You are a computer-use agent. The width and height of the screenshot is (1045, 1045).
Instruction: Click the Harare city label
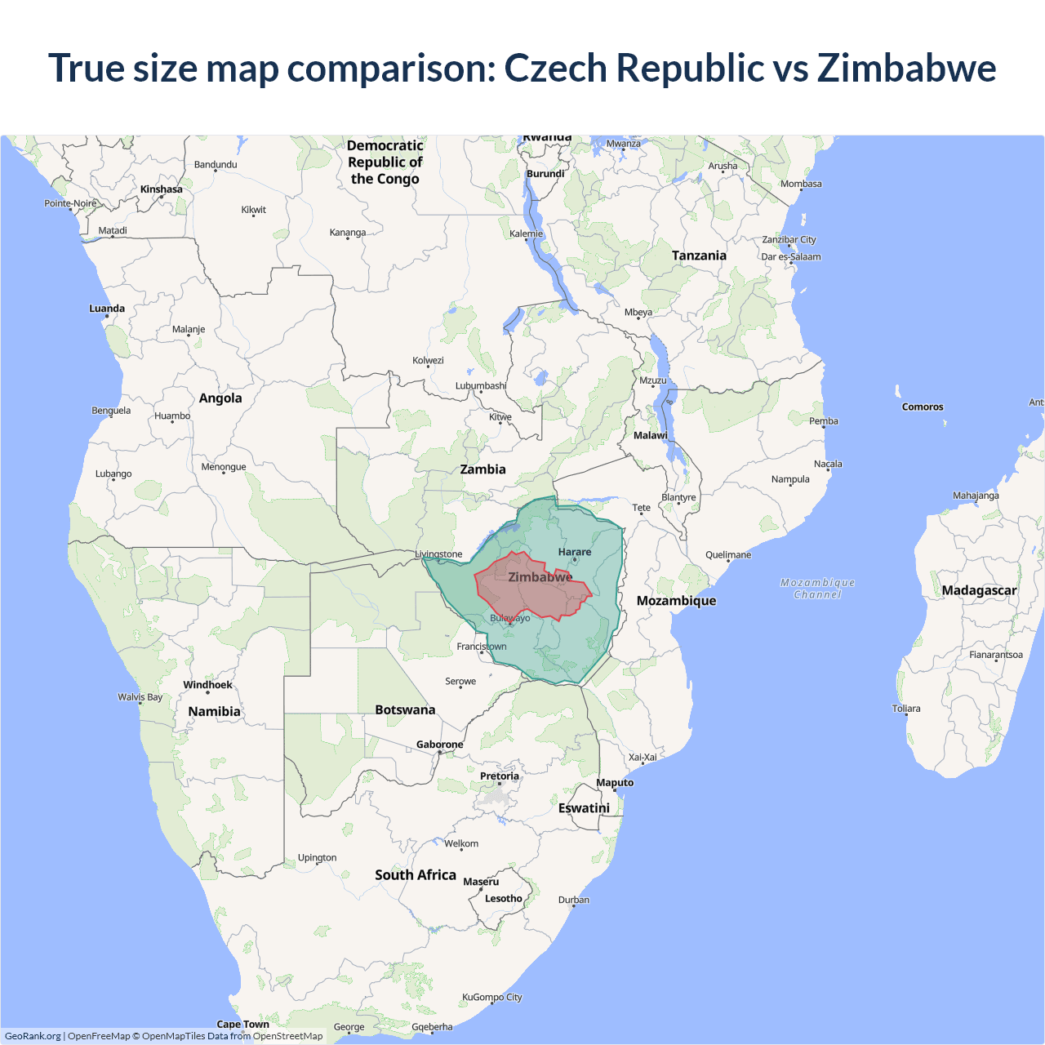click(x=575, y=552)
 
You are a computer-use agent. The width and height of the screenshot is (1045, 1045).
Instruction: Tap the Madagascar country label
click(x=979, y=590)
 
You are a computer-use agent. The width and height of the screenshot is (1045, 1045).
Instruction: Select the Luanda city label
click(x=107, y=309)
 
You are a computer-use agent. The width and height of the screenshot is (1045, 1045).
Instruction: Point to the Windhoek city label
click(x=207, y=685)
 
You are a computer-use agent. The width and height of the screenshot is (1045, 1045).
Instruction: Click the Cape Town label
click(x=242, y=1024)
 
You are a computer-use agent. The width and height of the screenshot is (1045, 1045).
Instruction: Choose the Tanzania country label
click(x=699, y=256)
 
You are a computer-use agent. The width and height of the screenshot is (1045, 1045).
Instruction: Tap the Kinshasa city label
click(x=162, y=189)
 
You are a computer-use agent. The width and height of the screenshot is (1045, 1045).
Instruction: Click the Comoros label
click(x=923, y=407)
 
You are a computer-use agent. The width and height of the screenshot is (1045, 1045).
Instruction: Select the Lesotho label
click(x=503, y=899)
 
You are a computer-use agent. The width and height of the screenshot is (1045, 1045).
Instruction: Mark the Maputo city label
click(x=615, y=783)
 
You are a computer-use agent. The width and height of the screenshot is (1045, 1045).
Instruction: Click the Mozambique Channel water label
click(x=817, y=588)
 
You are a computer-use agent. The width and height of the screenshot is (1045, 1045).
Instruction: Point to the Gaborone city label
click(x=439, y=745)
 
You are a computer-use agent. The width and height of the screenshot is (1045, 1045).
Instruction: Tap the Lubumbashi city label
click(x=481, y=386)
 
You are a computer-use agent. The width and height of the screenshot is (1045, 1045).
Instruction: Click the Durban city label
click(x=574, y=900)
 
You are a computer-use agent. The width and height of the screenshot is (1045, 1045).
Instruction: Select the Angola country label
click(x=220, y=398)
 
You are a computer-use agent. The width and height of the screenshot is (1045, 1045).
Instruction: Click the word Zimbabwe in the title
click(x=906, y=68)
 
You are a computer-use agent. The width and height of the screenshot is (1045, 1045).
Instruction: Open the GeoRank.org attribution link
click(x=33, y=1036)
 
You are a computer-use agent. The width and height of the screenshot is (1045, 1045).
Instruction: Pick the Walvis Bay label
click(x=140, y=697)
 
